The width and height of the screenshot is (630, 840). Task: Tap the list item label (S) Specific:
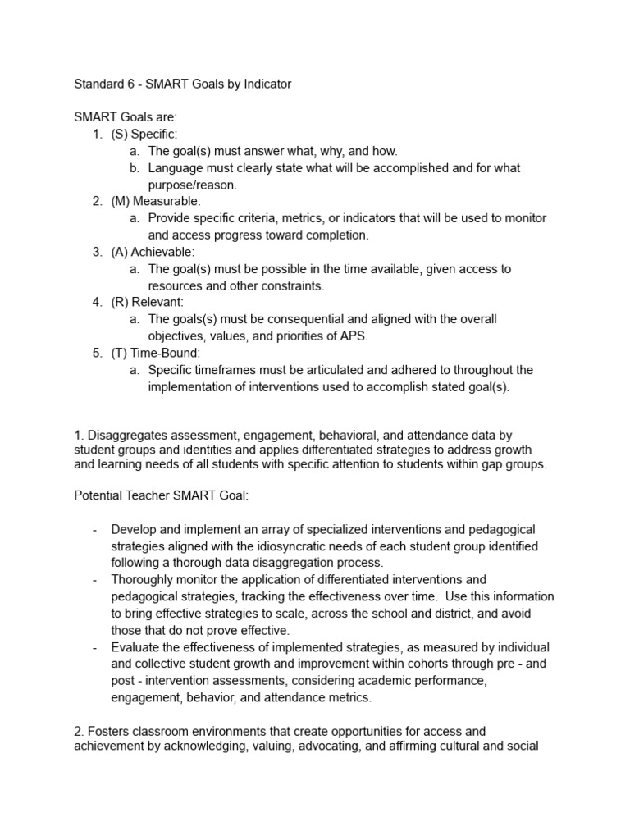pyautogui.click(x=144, y=135)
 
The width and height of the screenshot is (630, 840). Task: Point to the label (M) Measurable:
pyautogui.click(x=156, y=201)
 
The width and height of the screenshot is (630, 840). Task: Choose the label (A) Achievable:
pyautogui.click(x=153, y=252)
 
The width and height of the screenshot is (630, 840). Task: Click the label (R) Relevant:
pyautogui.click(x=148, y=302)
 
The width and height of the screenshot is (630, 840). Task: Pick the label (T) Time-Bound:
pyautogui.click(x=155, y=353)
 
